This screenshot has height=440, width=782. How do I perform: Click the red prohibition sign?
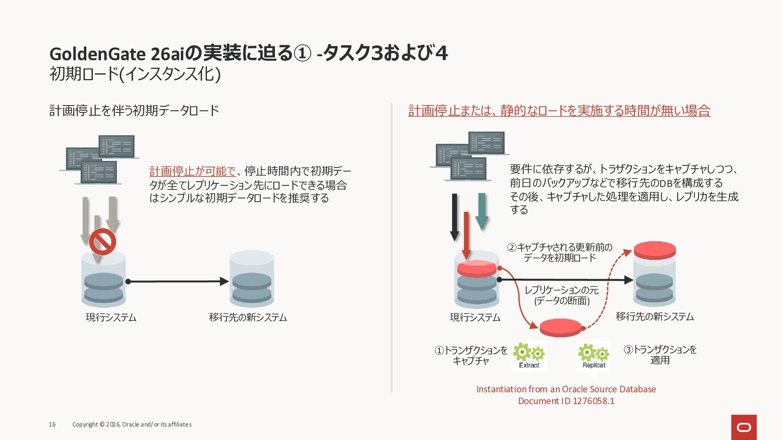click(103, 242)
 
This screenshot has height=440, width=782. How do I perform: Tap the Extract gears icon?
click(529, 355)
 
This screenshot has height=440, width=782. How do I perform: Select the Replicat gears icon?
click(593, 356)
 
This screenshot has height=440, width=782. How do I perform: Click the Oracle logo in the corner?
click(744, 427)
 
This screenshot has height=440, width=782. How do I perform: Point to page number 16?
click(52, 425)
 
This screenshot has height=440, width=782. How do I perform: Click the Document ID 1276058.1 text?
click(566, 401)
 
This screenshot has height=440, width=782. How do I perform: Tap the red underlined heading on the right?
click(559, 110)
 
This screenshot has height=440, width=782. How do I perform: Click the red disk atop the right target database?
click(655, 250)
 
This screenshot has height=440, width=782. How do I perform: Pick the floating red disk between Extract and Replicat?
click(560, 327)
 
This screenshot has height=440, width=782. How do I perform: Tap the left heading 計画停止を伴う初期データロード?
click(134, 110)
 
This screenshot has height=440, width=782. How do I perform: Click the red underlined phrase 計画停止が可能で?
click(192, 171)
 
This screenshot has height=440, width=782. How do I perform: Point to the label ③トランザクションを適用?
click(660, 355)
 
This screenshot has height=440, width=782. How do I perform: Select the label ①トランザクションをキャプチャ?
click(471, 355)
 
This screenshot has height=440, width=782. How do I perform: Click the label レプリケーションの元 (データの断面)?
click(562, 295)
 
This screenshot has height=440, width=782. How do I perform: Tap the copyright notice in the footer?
click(132, 425)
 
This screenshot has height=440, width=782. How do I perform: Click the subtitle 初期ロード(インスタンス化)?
click(135, 74)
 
